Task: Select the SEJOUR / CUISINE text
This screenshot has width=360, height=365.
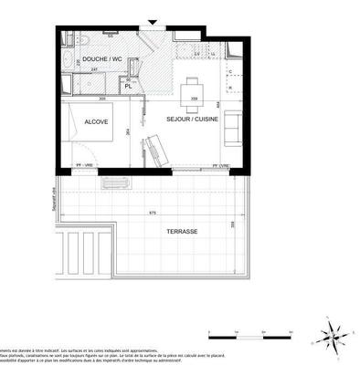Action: coord(189,120)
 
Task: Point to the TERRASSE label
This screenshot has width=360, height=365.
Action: coord(183,232)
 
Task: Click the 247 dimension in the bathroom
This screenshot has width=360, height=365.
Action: coord(94,69)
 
